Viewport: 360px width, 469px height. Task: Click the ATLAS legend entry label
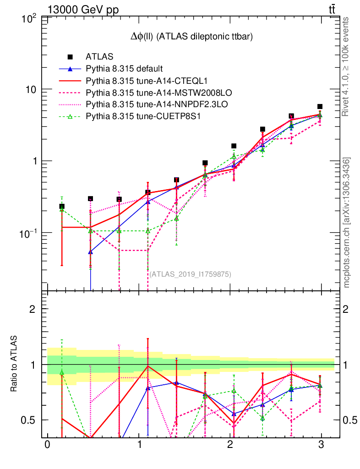tap(99, 57)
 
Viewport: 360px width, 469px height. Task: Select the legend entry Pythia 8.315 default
tap(124, 69)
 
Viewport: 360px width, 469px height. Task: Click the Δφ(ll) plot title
tap(192, 37)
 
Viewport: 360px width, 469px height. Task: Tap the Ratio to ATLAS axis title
tap(14, 364)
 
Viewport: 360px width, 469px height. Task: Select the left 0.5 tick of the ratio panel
tap(32, 420)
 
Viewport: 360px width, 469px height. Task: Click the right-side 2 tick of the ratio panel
tap(346, 309)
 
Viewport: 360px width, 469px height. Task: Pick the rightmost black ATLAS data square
tap(320, 107)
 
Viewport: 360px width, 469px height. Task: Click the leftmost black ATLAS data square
tap(62, 207)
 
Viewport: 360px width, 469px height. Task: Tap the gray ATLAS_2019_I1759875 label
tap(190, 274)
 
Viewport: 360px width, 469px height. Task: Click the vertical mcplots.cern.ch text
tap(347, 222)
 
